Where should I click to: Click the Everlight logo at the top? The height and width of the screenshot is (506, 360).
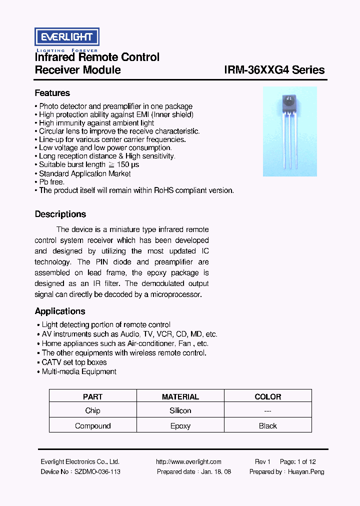click(x=66, y=37)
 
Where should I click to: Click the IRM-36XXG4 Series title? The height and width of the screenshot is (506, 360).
click(x=274, y=70)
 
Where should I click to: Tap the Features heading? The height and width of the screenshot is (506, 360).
click(x=52, y=93)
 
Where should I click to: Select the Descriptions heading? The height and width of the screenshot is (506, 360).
click(x=60, y=214)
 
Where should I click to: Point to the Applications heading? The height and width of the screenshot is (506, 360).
click(x=59, y=311)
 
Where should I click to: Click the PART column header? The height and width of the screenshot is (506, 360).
click(x=92, y=396)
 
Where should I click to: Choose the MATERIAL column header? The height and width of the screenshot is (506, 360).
click(x=180, y=396)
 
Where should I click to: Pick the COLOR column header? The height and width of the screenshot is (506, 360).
click(x=267, y=396)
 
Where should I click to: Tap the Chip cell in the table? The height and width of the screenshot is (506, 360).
click(x=92, y=410)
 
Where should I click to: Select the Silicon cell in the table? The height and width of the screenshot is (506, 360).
click(x=180, y=410)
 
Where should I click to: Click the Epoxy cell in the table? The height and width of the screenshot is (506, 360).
click(x=180, y=426)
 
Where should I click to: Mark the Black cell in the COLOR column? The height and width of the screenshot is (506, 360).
click(x=267, y=426)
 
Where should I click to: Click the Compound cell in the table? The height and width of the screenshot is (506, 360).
click(x=92, y=426)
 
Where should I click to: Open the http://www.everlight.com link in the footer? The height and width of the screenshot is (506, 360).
click(x=188, y=462)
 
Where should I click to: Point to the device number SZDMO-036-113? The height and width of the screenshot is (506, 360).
click(x=97, y=471)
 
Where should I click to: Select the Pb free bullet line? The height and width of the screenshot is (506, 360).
click(x=51, y=182)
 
